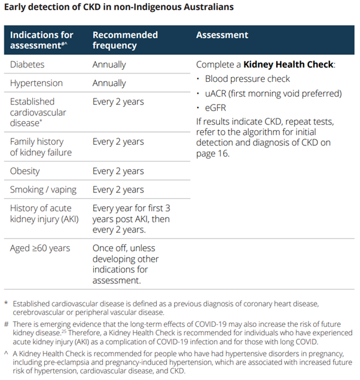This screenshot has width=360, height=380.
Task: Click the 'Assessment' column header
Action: coord(222,35)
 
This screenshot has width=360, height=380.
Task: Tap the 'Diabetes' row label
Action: coord(27,65)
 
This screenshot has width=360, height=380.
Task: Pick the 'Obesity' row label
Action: coord(25,171)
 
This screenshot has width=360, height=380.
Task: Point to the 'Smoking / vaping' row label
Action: coord(43,189)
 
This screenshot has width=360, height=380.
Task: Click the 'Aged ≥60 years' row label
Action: coord(40,248)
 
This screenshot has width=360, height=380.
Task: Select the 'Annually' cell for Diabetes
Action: coord(109,65)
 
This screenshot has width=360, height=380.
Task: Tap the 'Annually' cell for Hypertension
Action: coord(109,83)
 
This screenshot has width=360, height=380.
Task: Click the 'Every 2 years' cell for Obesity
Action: coord(118,171)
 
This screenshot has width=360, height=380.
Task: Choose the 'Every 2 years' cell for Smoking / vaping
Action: coord(118,189)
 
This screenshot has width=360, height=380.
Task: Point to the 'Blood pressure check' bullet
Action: coord(247,79)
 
